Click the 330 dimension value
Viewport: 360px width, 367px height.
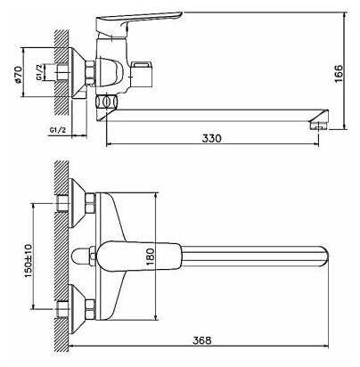pyautogui.click(x=212, y=138)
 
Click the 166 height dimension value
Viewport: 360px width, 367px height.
pyautogui.click(x=339, y=74)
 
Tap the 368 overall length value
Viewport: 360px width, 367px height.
pyautogui.click(x=202, y=340)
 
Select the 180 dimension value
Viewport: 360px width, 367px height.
pyautogui.click(x=151, y=256)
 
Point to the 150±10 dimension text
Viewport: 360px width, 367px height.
pyautogui.click(x=29, y=261)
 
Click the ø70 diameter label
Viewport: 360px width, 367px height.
pyautogui.click(x=18, y=75)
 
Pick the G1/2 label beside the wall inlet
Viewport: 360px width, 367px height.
pyautogui.click(x=39, y=72)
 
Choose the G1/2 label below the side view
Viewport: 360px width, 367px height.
pyautogui.click(x=58, y=130)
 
